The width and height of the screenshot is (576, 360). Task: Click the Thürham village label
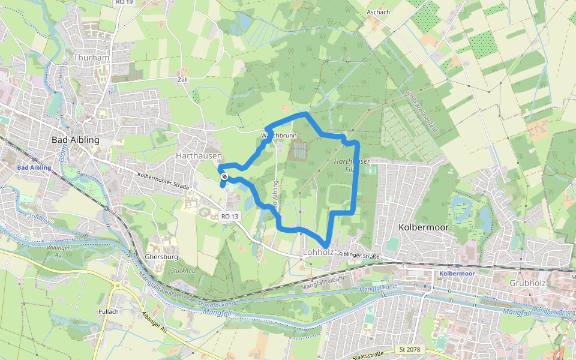(x=90, y=58)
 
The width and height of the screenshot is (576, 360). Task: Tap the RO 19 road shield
(x=124, y=3)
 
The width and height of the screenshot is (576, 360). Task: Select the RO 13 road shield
(x=230, y=216)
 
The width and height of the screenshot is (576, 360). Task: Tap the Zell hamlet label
(x=183, y=79)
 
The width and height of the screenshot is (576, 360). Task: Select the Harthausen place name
(x=199, y=155)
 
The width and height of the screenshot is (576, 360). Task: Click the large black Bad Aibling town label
(x=75, y=140)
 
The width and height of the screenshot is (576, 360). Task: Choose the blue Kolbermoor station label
(x=457, y=274)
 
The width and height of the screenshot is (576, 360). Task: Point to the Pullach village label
(x=109, y=311)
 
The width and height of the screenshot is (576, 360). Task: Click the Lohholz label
(x=318, y=252)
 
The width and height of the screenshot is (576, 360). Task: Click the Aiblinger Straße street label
(x=359, y=256)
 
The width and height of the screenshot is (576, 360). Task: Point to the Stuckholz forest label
(x=184, y=271)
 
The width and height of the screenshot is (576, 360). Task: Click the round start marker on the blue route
(x=224, y=176)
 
